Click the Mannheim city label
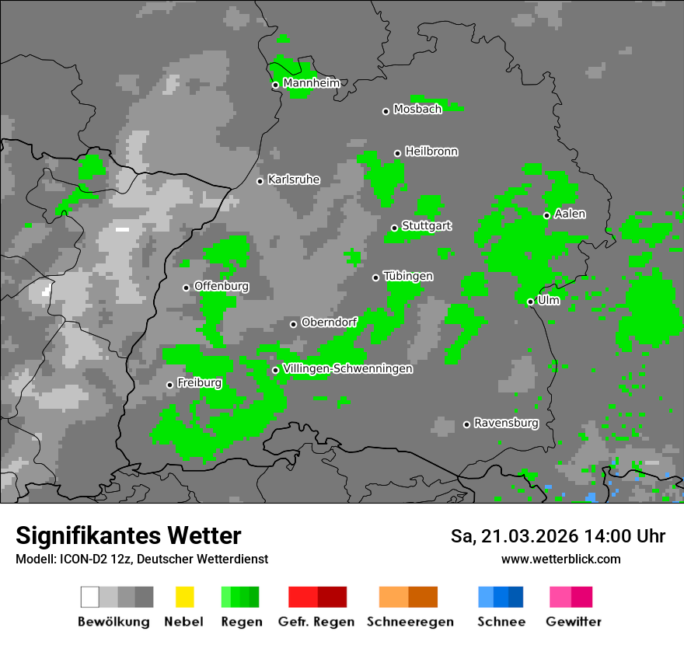[311, 83]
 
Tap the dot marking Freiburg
[169, 385]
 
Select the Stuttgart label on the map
[426, 226]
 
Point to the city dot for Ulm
[530, 302]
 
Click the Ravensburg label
[506, 424]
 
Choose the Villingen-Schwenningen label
[347, 369]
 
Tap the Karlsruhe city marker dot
[260, 181]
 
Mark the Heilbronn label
[431, 152]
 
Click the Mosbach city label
[417, 110]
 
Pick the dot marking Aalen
[546, 215]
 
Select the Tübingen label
[408, 277]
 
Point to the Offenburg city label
[221, 286]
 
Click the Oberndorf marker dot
[293, 324]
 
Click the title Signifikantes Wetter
[128, 535]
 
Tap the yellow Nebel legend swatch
[184, 597]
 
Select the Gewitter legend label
[574, 622]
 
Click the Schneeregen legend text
[410, 622]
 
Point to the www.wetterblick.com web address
[560, 559]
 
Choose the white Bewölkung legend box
[90, 597]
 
